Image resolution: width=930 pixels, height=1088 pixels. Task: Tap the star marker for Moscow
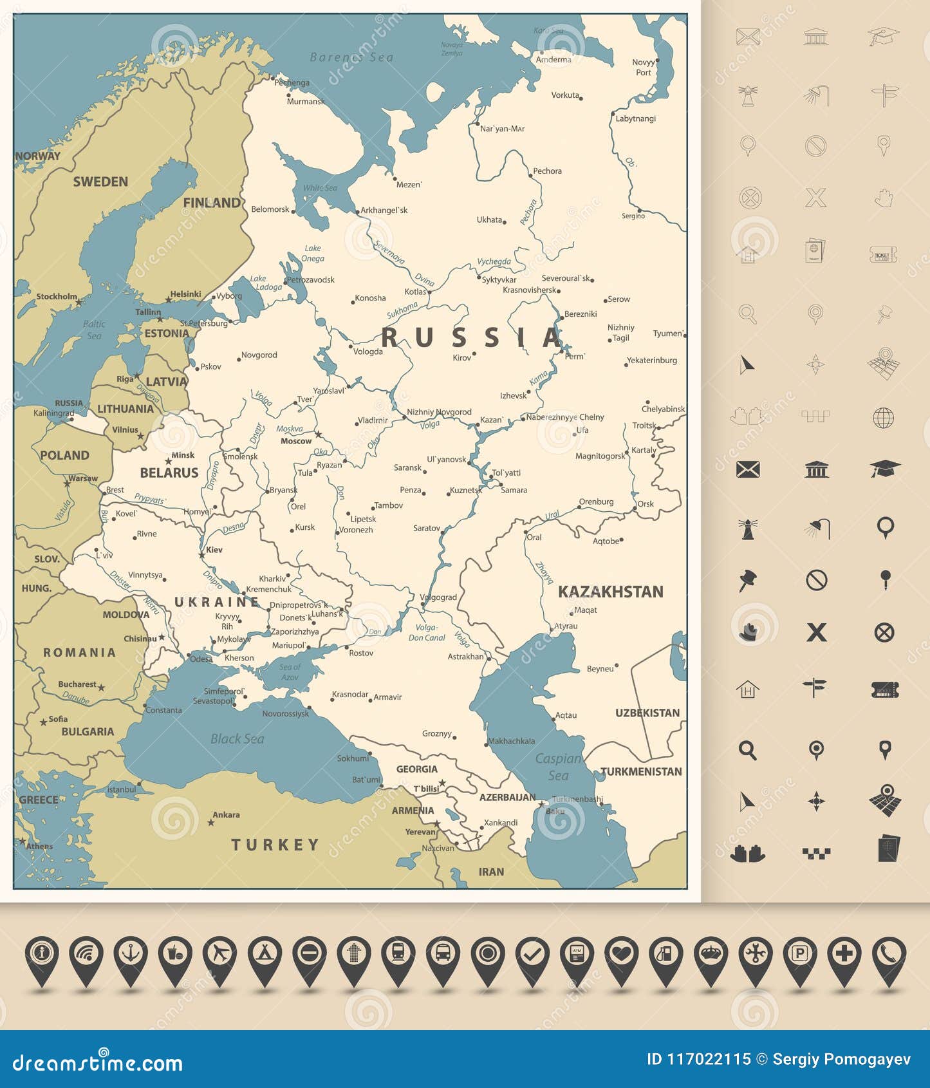pyautogui.click(x=318, y=435)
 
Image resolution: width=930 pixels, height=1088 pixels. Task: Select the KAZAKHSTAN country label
pyautogui.click(x=610, y=592)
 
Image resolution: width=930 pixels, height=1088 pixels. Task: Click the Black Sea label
pyautogui.click(x=237, y=739)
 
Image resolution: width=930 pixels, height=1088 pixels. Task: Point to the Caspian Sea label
pyautogui.click(x=558, y=767)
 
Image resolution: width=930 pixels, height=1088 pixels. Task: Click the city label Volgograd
pyautogui.click(x=439, y=597)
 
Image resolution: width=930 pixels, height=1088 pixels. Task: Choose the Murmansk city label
pyautogui.click(x=305, y=101)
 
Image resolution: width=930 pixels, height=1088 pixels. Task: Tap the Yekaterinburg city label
pyautogui.click(x=651, y=360)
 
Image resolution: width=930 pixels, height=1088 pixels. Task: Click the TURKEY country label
pyautogui.click(x=275, y=845)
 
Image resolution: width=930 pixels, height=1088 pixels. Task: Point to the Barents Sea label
pyautogui.click(x=351, y=57)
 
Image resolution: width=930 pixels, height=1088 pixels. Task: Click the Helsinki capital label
pyautogui.click(x=185, y=294)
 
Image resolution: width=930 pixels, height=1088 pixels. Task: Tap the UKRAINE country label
pyautogui.click(x=217, y=602)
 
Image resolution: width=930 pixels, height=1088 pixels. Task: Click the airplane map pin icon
pyautogui.click(x=219, y=954)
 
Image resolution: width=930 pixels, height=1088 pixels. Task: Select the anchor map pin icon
pyautogui.click(x=131, y=954)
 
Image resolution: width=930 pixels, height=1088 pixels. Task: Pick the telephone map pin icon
pyautogui.click(x=888, y=954)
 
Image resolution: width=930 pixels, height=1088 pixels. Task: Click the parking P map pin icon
pyautogui.click(x=799, y=954)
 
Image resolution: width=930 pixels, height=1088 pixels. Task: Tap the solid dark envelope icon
pyautogui.click(x=747, y=469)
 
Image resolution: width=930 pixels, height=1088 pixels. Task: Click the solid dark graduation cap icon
pyautogui.click(x=884, y=469)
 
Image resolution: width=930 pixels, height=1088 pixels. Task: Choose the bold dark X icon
pyautogui.click(x=816, y=632)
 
